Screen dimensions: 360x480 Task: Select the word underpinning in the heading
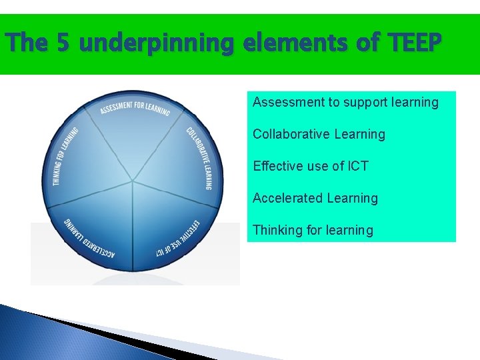[x=159, y=44]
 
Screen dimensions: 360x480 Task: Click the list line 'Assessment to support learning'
[x=345, y=102]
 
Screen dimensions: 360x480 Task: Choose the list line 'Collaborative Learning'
[x=319, y=134]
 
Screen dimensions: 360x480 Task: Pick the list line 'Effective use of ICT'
[x=311, y=166]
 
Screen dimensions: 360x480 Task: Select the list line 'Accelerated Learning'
[x=315, y=198]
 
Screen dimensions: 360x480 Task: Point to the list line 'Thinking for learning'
[x=313, y=230]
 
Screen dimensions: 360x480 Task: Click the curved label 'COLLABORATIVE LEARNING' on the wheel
[x=199, y=158]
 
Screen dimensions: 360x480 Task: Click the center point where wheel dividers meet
[x=133, y=181]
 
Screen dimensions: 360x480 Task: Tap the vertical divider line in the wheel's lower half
[x=133, y=227]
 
